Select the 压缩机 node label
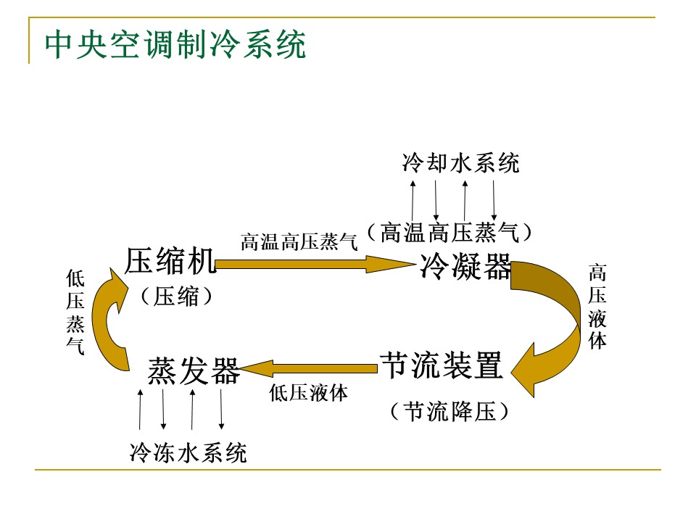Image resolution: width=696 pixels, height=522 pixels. coord(170,261)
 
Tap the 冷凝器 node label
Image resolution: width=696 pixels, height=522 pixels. coord(465,267)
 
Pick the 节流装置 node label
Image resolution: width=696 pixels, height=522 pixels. coord(441,365)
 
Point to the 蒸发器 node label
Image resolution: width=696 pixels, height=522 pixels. coord(194,371)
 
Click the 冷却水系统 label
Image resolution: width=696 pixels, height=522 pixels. coord(460,163)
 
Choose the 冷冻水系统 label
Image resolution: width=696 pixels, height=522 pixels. coord(188,453)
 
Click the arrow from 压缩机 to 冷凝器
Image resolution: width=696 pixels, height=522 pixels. coord(304,265)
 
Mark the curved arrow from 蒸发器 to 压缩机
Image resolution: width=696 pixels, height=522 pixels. coord(109,319)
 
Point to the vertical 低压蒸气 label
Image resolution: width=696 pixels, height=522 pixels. coord(75,312)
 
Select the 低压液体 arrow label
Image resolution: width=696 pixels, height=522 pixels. coord(308,393)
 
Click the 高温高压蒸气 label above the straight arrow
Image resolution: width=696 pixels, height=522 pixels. coord(299,242)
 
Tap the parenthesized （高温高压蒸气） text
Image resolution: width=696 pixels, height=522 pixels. coord(449,232)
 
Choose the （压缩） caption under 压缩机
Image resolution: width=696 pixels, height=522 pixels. coord(177,296)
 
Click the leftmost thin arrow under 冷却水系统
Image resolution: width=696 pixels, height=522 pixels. coord(413,200)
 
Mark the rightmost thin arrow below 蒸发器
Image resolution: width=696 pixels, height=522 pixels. coord(221,410)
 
